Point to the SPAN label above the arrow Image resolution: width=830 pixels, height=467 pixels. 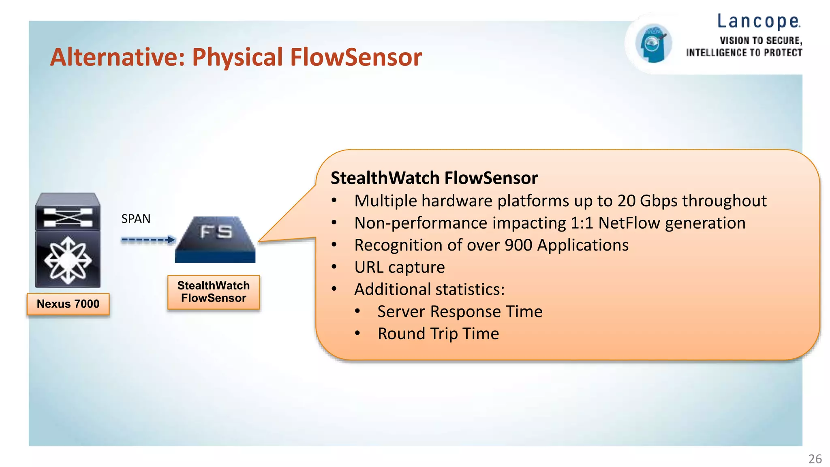[136, 219]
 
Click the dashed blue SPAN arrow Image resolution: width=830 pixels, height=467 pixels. [148, 240]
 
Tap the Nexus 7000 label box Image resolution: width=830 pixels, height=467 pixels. [68, 304]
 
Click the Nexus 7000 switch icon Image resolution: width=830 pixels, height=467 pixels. [68, 240]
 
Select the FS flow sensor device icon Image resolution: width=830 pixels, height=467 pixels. [215, 240]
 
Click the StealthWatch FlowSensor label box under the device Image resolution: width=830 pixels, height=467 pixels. [214, 292]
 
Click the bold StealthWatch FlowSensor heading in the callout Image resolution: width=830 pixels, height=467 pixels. [434, 178]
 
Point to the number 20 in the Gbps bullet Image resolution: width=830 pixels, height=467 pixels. [626, 201]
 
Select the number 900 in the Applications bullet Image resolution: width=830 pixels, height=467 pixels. [518, 245]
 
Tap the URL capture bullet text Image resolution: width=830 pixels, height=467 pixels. [399, 268]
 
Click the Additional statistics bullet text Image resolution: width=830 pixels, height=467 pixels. [429, 289]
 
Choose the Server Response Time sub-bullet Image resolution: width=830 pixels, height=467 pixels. [460, 312]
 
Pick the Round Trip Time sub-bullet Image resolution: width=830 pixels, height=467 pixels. [438, 334]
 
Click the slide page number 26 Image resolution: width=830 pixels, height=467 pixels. [815, 459]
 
